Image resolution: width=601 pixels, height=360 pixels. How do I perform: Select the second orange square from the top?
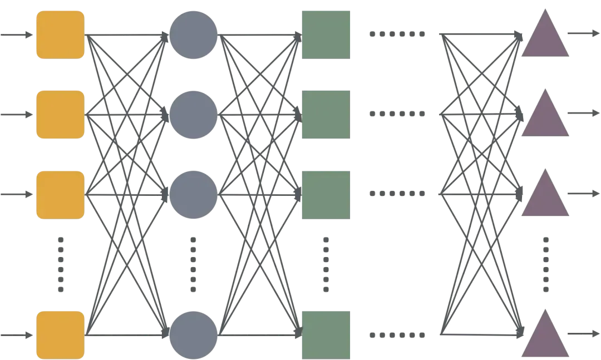60,114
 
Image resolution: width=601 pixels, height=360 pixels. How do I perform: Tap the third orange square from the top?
60,194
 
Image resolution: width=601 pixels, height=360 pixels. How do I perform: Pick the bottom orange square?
60,335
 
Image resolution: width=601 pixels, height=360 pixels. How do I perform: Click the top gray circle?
193,33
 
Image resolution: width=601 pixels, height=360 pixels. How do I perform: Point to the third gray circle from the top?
193,194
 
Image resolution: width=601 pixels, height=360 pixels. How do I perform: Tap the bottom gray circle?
193,336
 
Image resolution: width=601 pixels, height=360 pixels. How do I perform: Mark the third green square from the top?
325,194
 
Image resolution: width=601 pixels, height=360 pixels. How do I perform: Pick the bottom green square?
325,334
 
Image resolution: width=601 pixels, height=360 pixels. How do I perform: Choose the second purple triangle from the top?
545,117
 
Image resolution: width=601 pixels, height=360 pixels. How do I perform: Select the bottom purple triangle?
545,337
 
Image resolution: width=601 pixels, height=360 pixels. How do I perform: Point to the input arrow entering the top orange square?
17,35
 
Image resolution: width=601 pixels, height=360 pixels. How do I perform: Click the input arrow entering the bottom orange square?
17,335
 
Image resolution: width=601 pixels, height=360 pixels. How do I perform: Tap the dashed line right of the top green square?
398,35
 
